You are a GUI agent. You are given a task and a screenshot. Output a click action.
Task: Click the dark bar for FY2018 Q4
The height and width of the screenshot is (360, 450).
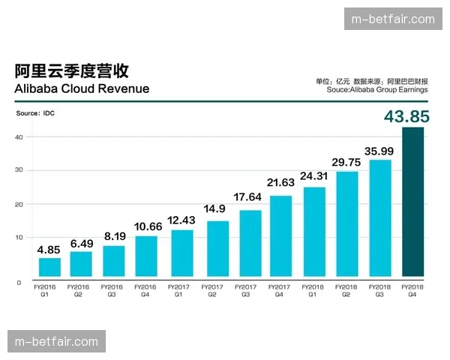pos(413,202)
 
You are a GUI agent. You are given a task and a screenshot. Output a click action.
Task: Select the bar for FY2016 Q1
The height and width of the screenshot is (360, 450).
pos(49,267)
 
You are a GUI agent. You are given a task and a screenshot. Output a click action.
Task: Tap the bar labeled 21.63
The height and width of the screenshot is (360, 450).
pos(280,235)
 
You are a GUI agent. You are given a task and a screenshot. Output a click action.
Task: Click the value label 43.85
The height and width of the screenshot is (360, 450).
pos(406,116)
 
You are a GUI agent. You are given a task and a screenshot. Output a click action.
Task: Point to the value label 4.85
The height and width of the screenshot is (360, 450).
pos(49,250)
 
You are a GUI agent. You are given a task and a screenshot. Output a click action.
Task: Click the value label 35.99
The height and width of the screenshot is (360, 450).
pos(379,151)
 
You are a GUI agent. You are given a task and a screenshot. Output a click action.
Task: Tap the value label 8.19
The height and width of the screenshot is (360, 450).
pos(115,235)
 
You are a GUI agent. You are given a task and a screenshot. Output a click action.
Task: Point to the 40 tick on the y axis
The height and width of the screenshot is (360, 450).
pos(19,136)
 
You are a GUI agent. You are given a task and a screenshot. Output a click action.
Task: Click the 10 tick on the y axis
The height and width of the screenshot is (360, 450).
pos(19,237)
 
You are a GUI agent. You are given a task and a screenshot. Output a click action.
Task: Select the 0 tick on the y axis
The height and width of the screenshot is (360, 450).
pos(19,282)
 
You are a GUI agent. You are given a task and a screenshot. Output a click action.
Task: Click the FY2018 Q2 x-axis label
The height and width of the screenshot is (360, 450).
pos(346,290)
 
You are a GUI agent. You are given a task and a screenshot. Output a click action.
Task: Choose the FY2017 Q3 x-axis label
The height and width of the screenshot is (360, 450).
pos(245,290)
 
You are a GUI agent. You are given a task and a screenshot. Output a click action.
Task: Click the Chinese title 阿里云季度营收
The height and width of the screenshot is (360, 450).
pos(72,70)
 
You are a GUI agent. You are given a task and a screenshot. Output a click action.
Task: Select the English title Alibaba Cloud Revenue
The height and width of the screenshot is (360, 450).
pos(82,88)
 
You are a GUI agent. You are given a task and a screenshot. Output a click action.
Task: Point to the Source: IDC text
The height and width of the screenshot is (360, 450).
pos(36,113)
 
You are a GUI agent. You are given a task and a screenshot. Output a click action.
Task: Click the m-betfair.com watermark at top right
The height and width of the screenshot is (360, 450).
pos(393,19)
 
